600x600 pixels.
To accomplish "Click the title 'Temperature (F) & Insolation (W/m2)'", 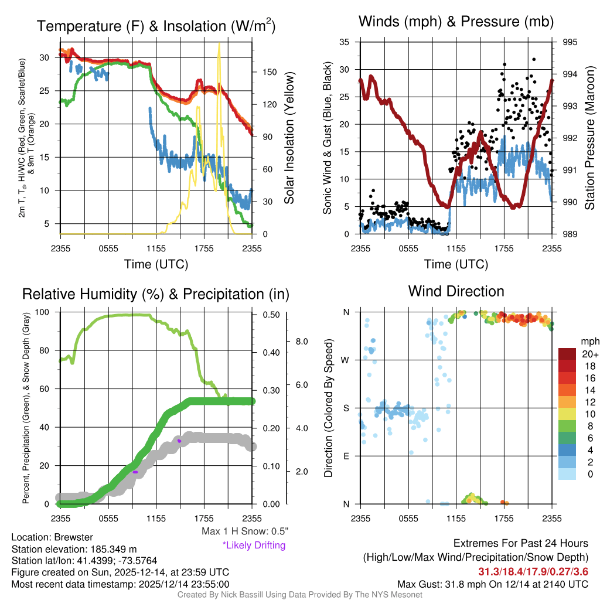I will tap(156, 26).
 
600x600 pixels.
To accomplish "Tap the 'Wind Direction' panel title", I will tap(456, 291).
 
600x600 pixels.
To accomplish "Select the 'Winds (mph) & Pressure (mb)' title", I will tap(456, 22).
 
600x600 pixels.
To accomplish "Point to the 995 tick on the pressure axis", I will tap(570, 42).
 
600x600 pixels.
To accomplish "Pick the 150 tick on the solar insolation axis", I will tap(269, 72).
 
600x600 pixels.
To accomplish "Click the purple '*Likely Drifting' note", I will tap(254, 545).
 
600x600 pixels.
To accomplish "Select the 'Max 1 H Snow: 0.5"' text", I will tap(245, 531).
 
